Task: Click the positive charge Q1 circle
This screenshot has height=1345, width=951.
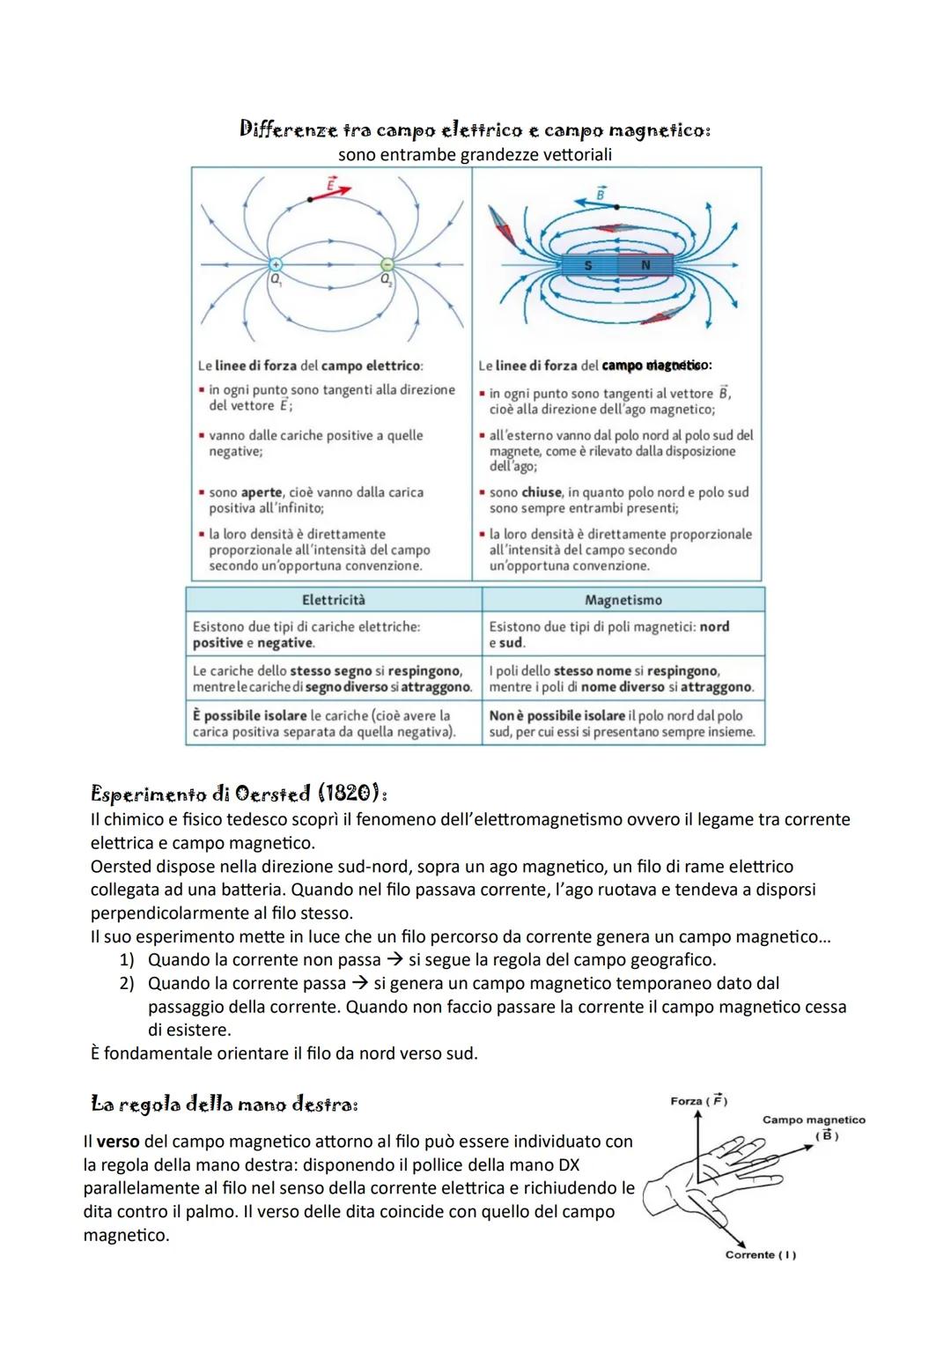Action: [275, 264]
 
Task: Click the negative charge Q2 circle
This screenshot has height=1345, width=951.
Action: [386, 264]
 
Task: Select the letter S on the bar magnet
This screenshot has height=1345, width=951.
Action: [588, 265]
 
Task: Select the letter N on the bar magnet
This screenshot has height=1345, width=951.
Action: [645, 265]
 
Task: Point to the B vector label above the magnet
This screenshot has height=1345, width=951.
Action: [601, 193]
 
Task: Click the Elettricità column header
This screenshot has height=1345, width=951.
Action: [333, 600]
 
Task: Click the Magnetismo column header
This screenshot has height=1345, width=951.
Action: [623, 600]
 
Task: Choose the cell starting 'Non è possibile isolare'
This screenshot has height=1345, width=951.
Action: [622, 723]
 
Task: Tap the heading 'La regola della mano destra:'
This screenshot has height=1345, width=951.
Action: [225, 1104]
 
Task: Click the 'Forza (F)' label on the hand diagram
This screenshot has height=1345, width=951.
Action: [698, 1101]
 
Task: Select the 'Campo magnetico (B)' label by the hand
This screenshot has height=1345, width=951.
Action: [814, 1127]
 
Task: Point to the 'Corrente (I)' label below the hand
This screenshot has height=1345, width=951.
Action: [760, 1254]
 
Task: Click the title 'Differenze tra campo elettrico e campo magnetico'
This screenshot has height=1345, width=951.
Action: [475, 129]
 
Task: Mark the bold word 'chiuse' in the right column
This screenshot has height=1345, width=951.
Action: [542, 492]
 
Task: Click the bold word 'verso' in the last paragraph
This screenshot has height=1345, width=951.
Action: [118, 1142]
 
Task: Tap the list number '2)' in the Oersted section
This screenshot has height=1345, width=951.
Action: [127, 983]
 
